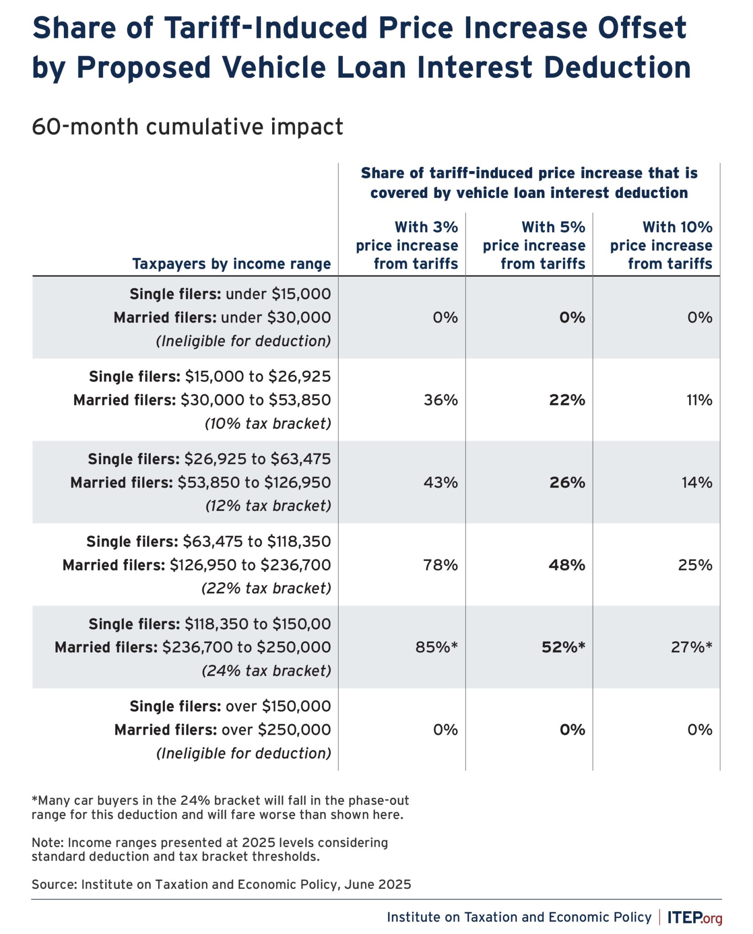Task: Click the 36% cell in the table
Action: (x=440, y=400)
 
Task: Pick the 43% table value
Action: (x=440, y=482)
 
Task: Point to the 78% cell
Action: (x=440, y=565)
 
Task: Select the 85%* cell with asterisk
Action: (x=436, y=647)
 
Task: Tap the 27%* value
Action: (x=691, y=647)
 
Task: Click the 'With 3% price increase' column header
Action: (x=407, y=245)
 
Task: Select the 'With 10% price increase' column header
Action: (x=661, y=245)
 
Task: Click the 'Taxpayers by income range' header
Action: (x=231, y=264)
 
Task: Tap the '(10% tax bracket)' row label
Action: (x=268, y=424)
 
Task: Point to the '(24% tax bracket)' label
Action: (x=266, y=670)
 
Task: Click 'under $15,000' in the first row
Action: (x=278, y=294)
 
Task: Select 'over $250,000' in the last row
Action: (x=276, y=730)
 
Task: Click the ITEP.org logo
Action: (x=695, y=917)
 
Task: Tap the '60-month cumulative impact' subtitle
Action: (x=187, y=127)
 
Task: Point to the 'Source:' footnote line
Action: (x=221, y=884)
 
